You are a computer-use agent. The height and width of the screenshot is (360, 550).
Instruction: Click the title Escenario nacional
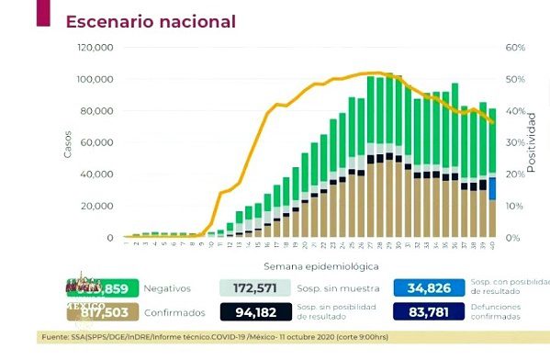[151, 20]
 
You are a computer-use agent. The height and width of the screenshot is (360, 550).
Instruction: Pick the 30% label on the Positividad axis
[515, 142]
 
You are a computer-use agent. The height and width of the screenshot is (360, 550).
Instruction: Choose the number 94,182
[262, 312]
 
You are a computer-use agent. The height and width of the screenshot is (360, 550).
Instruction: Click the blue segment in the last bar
[493, 188]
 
